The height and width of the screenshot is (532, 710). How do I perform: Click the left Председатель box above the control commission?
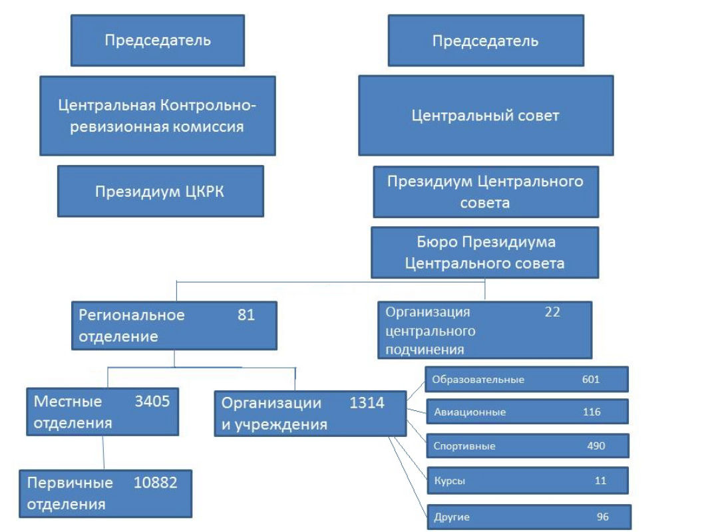coord(158,41)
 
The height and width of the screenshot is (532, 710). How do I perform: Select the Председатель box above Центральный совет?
coord(485,41)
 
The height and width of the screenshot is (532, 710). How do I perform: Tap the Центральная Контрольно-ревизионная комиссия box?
coord(157,116)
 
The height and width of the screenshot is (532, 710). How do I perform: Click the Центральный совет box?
coord(485,116)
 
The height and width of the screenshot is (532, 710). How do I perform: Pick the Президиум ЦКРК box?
coord(160,192)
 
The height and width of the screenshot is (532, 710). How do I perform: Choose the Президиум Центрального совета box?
coord(485,192)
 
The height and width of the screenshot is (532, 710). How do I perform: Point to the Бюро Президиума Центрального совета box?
coord(484,253)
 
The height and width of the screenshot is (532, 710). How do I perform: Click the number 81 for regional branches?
coord(246,315)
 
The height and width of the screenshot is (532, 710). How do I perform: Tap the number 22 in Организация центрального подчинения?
coord(552,312)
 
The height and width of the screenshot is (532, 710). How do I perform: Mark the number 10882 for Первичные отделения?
coord(155,483)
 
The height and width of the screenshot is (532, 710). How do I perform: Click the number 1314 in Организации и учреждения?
coord(367,403)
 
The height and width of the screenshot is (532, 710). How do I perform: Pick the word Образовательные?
coord(478,380)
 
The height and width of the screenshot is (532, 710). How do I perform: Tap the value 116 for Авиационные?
coord(592,412)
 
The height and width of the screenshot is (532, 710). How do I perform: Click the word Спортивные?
coord(464,446)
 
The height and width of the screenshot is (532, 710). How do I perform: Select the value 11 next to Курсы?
coord(600,481)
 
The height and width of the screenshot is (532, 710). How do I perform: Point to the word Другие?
coord(452,517)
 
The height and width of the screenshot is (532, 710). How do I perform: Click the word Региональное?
coord(132,315)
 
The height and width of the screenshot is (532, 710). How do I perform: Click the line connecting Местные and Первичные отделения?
coord(104,453)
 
